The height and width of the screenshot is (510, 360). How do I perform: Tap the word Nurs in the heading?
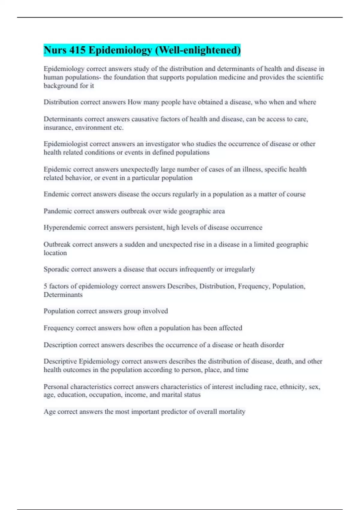click(55, 50)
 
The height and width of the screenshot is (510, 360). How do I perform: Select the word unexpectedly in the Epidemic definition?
click(139, 169)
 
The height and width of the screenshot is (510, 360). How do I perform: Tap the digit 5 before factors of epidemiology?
click(45, 286)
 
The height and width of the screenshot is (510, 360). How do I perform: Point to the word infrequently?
click(197, 269)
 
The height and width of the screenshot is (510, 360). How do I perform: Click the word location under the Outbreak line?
click(55, 253)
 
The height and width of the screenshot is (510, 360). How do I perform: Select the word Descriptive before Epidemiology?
click(60, 361)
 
